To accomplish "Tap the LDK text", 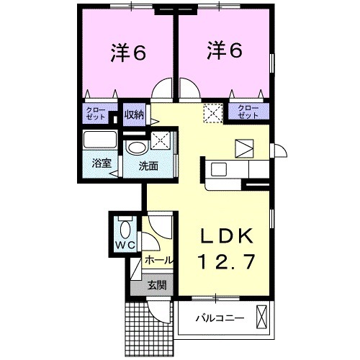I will tap(225, 238).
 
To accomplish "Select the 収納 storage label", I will tap(132, 113).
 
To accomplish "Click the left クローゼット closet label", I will tap(96, 114).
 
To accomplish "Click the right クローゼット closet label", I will tap(248, 112).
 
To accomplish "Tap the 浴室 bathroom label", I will tap(100, 163).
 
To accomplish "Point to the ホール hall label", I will tap(158, 258).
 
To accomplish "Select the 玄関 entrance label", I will tap(157, 285).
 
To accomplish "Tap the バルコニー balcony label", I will tap(220, 318).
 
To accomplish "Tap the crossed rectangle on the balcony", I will tap(261, 317).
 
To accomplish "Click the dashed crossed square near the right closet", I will tap(213, 114).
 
